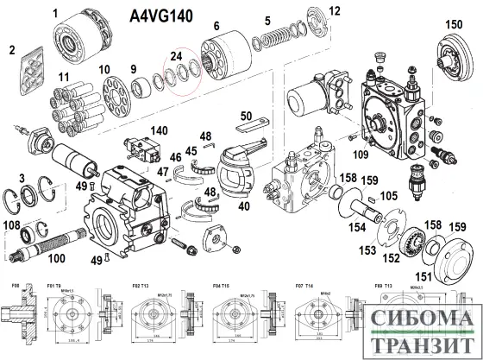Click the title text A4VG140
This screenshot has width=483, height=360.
pos(161,16)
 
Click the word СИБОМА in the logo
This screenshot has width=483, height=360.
pos(414,317)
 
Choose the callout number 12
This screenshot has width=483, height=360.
pos(335,10)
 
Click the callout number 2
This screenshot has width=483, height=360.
pos(12,49)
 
